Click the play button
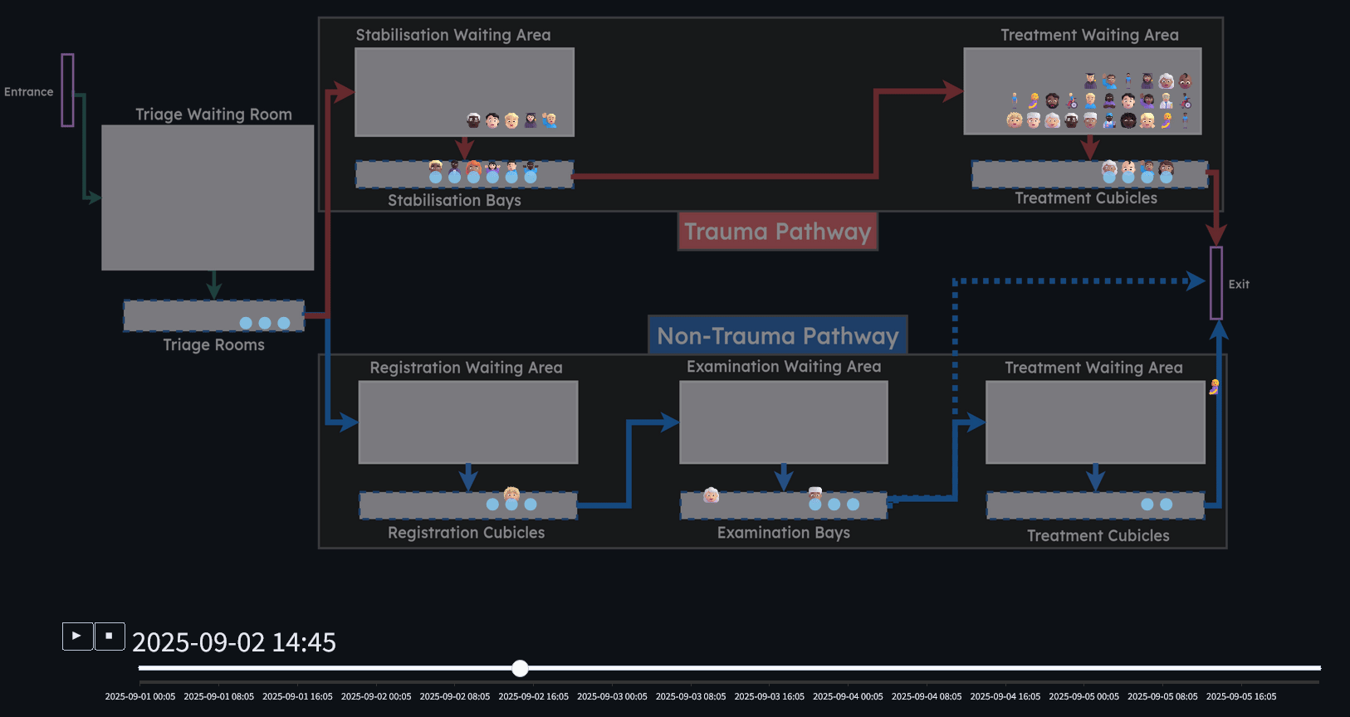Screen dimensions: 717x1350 click(77, 637)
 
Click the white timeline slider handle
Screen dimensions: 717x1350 click(521, 668)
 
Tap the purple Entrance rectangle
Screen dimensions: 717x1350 click(67, 90)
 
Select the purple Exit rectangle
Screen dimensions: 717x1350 click(1216, 283)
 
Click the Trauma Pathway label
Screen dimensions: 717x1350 click(777, 232)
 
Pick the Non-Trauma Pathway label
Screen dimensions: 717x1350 click(778, 336)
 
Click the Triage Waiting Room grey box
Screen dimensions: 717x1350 click(208, 198)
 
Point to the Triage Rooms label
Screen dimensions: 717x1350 click(213, 345)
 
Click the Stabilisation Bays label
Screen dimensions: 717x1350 click(454, 201)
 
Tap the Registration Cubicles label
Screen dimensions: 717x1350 click(466, 533)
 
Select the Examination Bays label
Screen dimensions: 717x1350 click(783, 533)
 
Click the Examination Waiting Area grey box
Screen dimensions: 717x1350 click(783, 422)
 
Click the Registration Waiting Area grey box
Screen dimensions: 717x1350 click(467, 422)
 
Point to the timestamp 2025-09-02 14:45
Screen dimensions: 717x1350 click(234, 642)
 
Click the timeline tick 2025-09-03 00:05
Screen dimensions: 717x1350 click(612, 696)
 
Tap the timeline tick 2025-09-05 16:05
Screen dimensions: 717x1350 click(1241, 696)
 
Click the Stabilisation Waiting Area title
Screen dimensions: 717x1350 click(453, 35)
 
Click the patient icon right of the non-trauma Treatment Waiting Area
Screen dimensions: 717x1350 click(1214, 387)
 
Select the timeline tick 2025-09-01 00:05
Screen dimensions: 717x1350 click(140, 696)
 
